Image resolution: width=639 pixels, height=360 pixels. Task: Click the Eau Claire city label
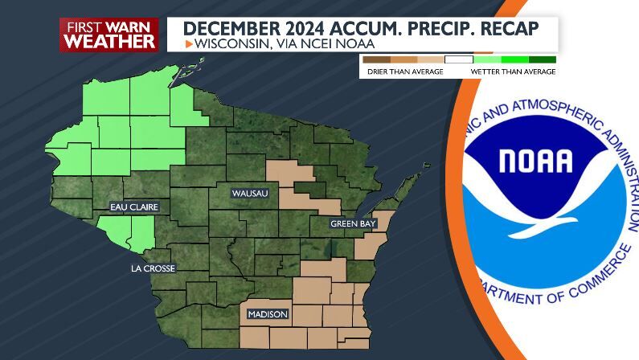tap(134, 207)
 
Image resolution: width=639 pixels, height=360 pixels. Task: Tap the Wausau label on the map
tap(249, 194)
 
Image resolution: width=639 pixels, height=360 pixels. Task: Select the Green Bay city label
tap(353, 224)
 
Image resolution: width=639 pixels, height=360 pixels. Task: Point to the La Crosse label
tap(152, 268)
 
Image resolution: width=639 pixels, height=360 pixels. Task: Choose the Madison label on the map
tap(268, 314)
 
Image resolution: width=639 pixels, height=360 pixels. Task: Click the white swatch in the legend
tap(459, 59)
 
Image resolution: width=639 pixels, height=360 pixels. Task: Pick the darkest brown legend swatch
tap(376, 59)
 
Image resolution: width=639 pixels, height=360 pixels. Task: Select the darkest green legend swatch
tap(542, 59)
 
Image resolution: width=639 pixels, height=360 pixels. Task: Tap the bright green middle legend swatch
tap(514, 59)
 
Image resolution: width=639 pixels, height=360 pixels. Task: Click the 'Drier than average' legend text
tap(395, 72)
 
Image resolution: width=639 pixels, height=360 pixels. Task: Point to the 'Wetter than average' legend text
tap(513, 72)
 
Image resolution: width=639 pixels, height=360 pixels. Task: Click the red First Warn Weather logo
tap(109, 35)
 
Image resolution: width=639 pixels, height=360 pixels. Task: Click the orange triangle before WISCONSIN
tap(188, 43)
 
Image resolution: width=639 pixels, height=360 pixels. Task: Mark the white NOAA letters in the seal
tap(536, 161)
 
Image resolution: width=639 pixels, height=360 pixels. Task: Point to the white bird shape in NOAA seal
tap(555, 211)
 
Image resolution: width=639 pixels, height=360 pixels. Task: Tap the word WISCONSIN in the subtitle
tap(227, 43)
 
